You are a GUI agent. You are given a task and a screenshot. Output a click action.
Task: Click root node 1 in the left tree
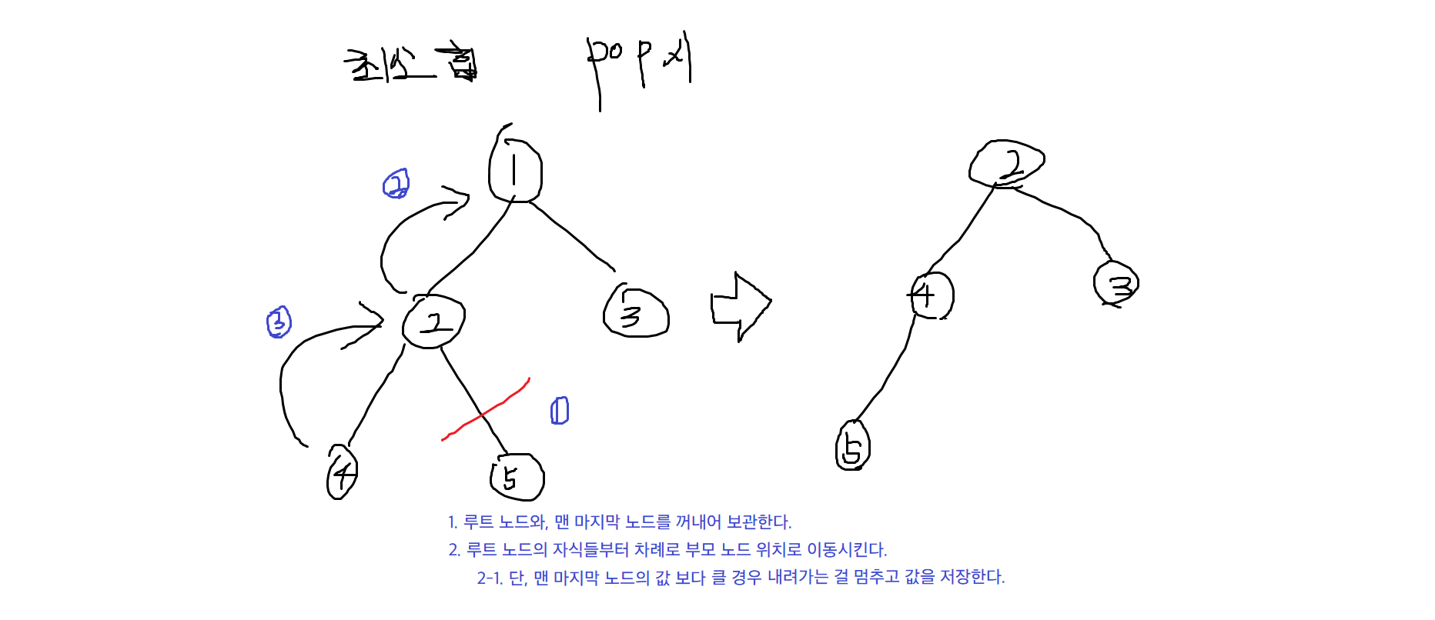point(515,171)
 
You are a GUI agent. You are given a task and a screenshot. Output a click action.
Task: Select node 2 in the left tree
point(433,322)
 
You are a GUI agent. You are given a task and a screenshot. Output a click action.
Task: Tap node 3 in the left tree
point(635,313)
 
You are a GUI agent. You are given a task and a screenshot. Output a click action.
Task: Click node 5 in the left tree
point(517,477)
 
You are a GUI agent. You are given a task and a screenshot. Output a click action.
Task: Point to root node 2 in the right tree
point(1007,163)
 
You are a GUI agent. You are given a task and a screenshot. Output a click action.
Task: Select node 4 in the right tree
point(930,295)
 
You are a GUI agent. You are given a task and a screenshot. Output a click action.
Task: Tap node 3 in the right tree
point(1116,284)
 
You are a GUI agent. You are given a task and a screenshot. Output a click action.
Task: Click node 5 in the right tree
point(852,446)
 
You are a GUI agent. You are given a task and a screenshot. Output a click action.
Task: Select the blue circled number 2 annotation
point(396,184)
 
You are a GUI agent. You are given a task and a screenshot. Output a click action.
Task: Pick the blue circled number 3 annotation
point(279,322)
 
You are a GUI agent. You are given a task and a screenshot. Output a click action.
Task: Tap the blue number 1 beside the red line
point(560,411)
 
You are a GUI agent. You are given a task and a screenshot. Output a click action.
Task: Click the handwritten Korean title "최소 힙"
point(410,65)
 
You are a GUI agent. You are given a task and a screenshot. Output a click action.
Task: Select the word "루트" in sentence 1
point(478,522)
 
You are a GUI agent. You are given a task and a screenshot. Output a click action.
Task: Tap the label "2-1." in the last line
point(490,578)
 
